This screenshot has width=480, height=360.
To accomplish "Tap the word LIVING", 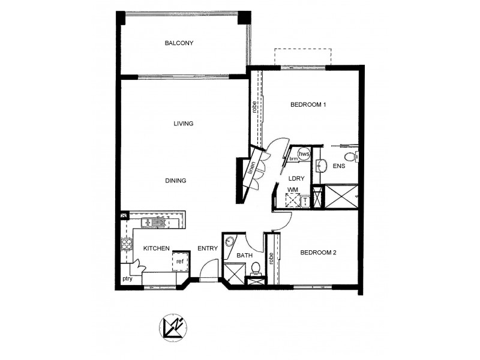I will point(183,124).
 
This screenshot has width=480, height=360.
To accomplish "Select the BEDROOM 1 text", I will point(308,105).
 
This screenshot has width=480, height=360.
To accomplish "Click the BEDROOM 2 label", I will point(318,253).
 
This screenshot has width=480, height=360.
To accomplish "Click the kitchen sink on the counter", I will point(155,224).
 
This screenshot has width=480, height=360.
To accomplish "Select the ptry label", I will point(127,278).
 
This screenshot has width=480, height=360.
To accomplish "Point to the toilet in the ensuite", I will point(356,157).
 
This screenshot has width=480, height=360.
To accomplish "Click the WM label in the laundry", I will point(292,190).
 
